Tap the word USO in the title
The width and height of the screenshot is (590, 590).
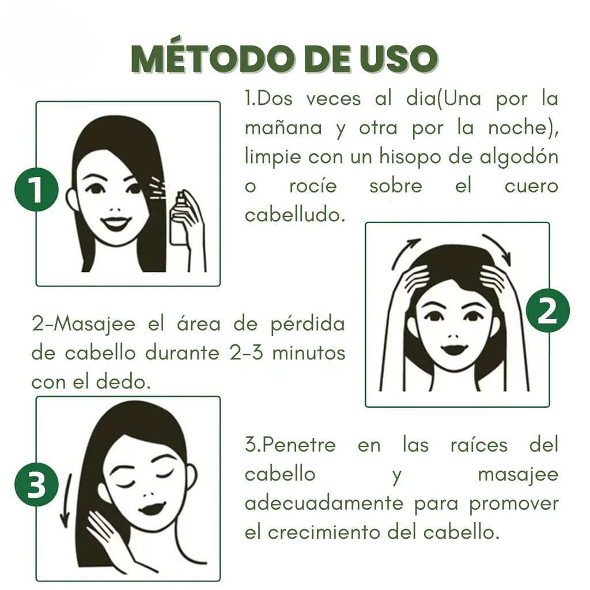[397, 59]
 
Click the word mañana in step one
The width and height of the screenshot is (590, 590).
[283, 128]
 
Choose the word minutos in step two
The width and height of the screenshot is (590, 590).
[308, 353]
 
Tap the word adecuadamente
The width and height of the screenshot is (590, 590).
[324, 503]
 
